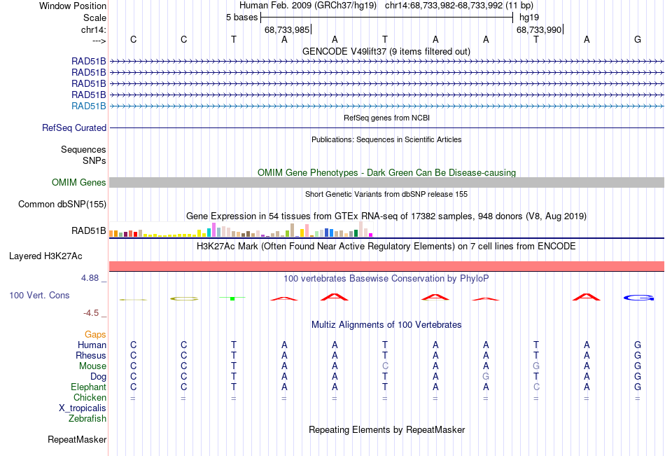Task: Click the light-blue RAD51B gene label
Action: coord(89,106)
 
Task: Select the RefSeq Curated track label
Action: coord(74,128)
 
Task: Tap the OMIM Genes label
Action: coord(79,183)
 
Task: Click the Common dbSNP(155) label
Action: coord(62,205)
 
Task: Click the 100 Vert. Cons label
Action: coord(39,296)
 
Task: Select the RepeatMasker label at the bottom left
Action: coord(77,440)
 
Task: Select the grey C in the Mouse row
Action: coord(385,366)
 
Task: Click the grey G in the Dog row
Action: coord(486,377)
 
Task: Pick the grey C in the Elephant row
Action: coord(536,387)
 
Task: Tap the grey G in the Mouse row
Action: coord(536,366)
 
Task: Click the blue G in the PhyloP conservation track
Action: coord(638,298)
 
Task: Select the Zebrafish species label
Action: coord(87,419)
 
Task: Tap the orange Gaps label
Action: coord(95,335)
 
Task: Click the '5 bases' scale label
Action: coord(241,18)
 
